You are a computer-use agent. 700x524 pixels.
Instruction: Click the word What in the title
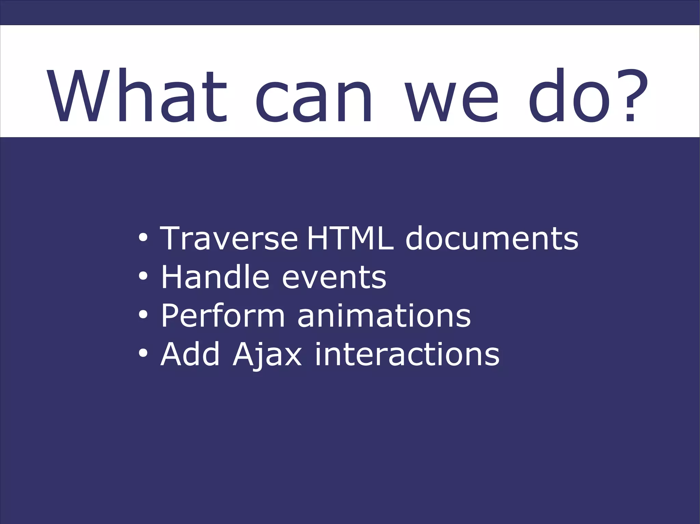coord(137,96)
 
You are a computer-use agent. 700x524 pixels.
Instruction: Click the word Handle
coord(215,277)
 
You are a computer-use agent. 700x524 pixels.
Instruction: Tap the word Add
coord(190,354)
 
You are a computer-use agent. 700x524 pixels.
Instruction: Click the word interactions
coord(407,354)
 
